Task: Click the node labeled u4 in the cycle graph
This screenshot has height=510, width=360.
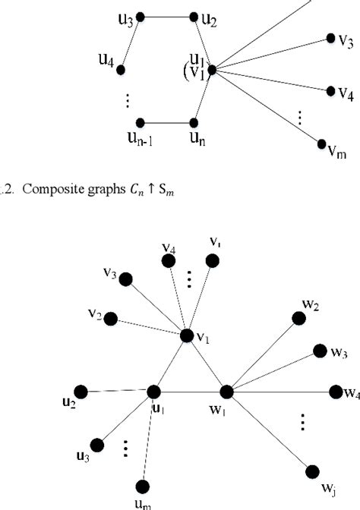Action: (x=121, y=69)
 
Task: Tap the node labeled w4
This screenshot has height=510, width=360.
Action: (x=335, y=392)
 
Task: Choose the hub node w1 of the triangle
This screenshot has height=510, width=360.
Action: (x=226, y=392)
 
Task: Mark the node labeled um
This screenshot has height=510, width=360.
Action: (x=142, y=486)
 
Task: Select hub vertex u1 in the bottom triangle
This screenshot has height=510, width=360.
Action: (x=153, y=392)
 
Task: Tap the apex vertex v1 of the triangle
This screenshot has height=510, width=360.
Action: (x=187, y=335)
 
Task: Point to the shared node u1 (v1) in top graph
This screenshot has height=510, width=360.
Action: (x=212, y=69)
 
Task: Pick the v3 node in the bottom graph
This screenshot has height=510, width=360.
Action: (x=126, y=279)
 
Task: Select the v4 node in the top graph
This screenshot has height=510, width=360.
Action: (x=331, y=90)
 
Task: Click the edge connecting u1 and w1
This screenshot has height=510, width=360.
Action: (x=190, y=392)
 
